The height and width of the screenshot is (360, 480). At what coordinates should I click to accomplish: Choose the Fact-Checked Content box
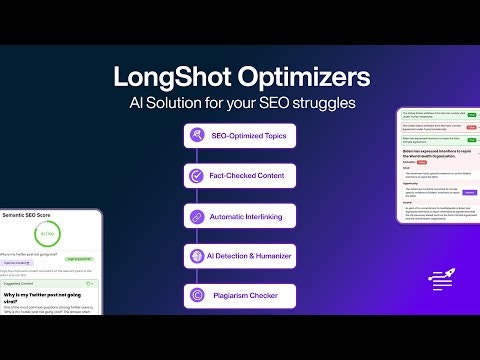pyautogui.click(x=240, y=175)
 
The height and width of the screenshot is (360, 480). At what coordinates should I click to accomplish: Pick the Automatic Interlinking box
pyautogui.click(x=240, y=215)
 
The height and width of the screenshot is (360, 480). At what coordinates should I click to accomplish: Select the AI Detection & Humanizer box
pyautogui.click(x=240, y=256)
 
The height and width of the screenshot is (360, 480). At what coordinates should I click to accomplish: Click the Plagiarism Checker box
pyautogui.click(x=240, y=296)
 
